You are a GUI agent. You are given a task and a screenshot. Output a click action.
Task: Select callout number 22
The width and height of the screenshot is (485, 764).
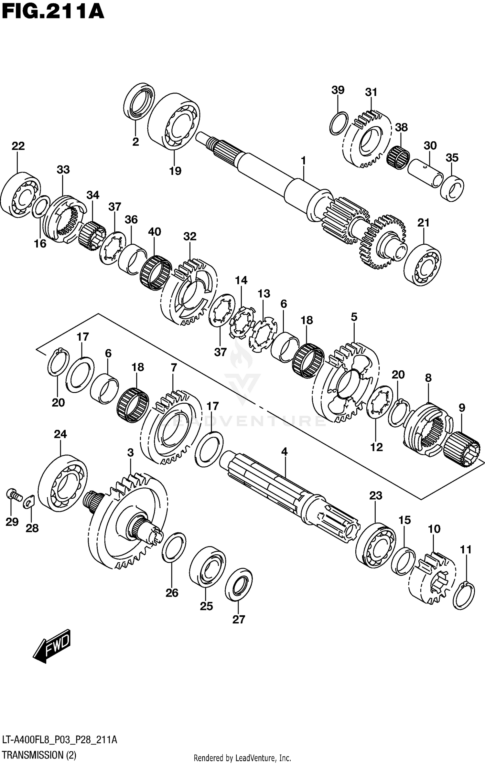point(18,146)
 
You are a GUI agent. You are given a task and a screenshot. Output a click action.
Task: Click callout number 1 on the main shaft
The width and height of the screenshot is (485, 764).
point(303,160)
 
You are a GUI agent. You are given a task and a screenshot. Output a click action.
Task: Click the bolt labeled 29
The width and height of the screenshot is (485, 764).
point(13,494)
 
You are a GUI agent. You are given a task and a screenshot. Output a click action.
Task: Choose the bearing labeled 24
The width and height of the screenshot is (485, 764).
point(62,483)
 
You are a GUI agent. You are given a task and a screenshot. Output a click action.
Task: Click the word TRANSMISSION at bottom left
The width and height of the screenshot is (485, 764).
point(33,755)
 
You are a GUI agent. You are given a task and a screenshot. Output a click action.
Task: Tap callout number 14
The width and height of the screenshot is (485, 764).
point(241,280)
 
